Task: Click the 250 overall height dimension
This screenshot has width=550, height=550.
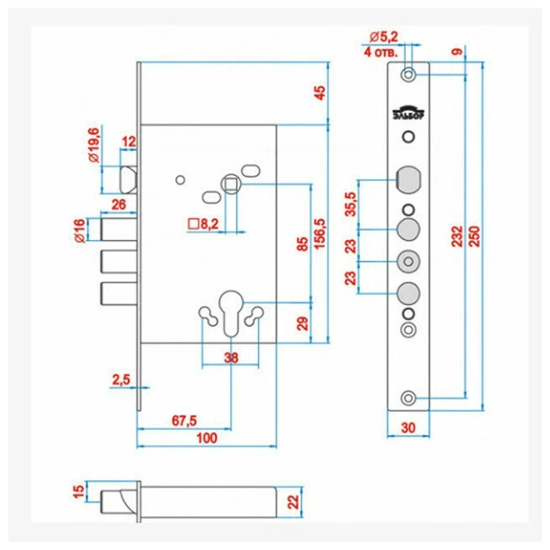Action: (474, 237)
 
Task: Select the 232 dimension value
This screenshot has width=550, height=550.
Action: (457, 237)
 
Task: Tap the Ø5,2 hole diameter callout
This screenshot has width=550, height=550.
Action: (383, 37)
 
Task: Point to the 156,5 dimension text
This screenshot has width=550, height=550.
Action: (320, 233)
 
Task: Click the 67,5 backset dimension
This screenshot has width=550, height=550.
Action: (184, 420)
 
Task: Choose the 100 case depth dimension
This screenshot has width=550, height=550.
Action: (207, 438)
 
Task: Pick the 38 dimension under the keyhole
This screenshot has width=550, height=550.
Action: (231, 357)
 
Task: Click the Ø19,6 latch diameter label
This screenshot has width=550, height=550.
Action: (94, 145)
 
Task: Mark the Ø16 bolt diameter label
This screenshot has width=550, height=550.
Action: (80, 231)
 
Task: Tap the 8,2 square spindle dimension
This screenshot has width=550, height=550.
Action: (208, 224)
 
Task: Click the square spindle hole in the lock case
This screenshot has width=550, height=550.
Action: (231, 184)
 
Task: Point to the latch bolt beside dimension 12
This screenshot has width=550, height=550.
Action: (128, 180)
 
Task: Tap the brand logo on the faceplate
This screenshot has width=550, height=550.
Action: (408, 112)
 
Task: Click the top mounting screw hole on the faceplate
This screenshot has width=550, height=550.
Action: (408, 74)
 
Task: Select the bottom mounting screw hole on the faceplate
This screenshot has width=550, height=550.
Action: (408, 398)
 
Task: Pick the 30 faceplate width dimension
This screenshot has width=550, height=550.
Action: (408, 428)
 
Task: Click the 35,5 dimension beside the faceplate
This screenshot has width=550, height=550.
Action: (351, 204)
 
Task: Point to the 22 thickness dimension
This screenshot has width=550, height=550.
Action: (293, 502)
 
